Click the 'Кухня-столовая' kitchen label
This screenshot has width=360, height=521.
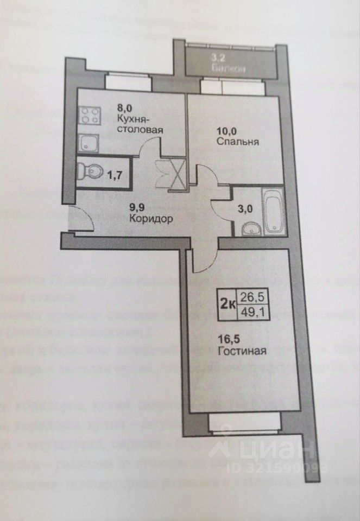pos(140,125)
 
